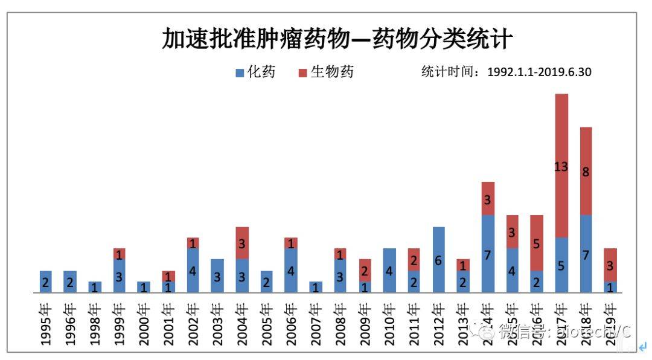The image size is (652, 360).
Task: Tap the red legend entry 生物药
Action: tap(325, 72)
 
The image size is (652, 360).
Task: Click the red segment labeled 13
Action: tap(561, 166)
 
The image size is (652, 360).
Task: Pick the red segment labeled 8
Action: tap(586, 171)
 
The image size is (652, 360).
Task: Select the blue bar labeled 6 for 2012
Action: tap(439, 260)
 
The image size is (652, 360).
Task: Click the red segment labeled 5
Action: tap(537, 243)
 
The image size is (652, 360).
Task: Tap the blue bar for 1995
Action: tap(46, 281)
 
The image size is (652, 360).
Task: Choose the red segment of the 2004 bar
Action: tap(242, 243)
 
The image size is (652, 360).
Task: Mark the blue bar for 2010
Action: tap(389, 271)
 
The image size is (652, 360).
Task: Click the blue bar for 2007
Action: tap(316, 287)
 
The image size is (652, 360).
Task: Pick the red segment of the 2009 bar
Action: tap(365, 271)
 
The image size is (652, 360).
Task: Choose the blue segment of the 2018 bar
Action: tap(586, 254)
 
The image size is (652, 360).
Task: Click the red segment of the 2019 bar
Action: tap(610, 265)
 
